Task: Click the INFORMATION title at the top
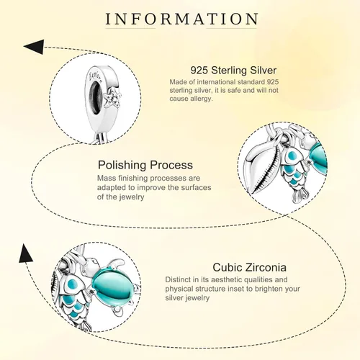click(x=181, y=19)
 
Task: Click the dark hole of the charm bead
click(x=96, y=96)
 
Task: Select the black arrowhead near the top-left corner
click(x=34, y=47)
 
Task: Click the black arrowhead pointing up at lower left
click(x=25, y=253)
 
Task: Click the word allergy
click(x=202, y=99)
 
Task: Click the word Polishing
click(x=122, y=166)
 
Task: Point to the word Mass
click(x=106, y=178)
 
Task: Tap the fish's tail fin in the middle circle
click(x=300, y=194)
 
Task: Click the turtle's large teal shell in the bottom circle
click(x=110, y=286)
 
